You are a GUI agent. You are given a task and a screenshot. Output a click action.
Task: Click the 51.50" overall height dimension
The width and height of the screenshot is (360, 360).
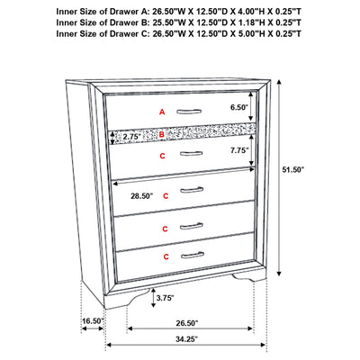tap(293, 170)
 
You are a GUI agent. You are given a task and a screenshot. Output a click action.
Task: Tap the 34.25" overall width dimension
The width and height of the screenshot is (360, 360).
tap(186, 339)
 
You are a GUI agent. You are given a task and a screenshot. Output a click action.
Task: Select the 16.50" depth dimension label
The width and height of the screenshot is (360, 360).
tap(93, 321)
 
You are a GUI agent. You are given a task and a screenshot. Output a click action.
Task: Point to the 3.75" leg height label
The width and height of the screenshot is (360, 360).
tap(166, 298)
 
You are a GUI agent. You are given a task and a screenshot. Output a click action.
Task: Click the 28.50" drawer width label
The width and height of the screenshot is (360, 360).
tap(141, 196)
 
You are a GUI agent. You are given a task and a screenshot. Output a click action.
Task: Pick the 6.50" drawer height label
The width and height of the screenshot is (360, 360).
tap(239, 107)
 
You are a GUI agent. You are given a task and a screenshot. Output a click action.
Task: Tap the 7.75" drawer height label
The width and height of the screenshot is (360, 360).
tap(239, 150)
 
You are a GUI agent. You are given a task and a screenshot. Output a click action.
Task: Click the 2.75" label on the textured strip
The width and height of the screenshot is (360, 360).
tap(132, 137)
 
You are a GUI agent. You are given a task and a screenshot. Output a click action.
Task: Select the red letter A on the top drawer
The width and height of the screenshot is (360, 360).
tap(162, 112)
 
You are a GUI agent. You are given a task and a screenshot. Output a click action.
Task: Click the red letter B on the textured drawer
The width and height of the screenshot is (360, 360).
tap(162, 135)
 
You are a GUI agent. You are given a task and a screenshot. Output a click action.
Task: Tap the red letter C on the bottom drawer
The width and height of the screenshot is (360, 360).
tap(166, 256)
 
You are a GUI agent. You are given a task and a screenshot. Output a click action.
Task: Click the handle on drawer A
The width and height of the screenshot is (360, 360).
tap(189, 112)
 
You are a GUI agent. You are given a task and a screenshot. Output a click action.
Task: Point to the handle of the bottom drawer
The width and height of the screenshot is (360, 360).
tap(193, 255)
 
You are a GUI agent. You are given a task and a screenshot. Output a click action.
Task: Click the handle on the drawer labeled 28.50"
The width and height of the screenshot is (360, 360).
tap(192, 190)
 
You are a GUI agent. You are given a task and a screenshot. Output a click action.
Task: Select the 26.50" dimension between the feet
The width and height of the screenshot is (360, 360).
tap(186, 323)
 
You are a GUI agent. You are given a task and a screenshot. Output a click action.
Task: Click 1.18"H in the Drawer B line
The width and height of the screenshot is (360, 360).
tap(249, 22)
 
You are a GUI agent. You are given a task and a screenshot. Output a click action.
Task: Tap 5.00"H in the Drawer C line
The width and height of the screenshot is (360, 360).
tap(249, 33)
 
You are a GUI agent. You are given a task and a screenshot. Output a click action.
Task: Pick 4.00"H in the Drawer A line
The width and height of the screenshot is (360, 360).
tap(249, 12)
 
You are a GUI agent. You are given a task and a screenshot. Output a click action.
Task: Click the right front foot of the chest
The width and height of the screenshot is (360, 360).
tap(249, 276)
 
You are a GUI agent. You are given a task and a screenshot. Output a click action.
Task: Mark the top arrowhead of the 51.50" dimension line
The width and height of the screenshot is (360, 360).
tap(279, 82)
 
